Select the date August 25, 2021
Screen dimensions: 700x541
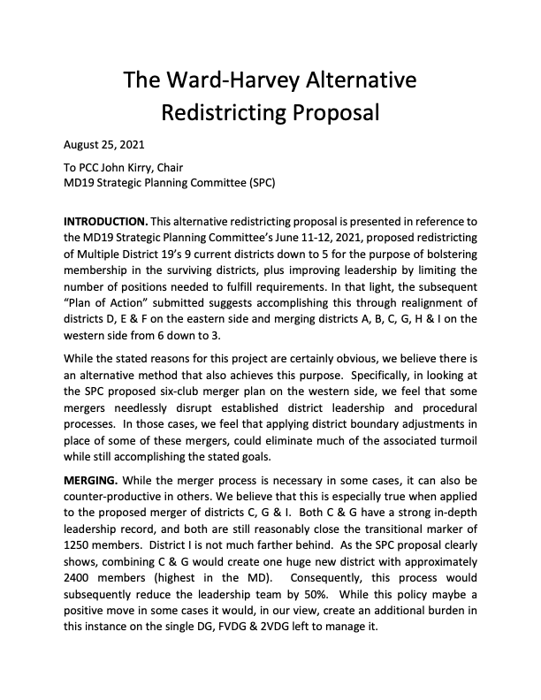(x=104, y=144)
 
